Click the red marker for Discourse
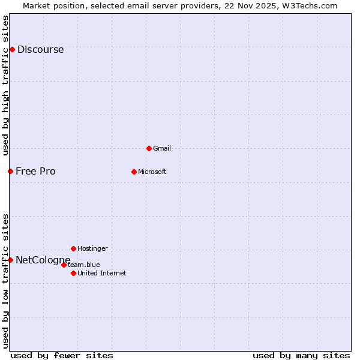[x=12, y=49]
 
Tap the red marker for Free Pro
[x=10, y=171]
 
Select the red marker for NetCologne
[x=10, y=260]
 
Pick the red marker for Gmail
[x=149, y=148]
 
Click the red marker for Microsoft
[x=134, y=172]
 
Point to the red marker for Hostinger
[x=73, y=248]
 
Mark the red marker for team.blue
[x=64, y=265]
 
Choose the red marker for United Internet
[x=73, y=273]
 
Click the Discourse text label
[x=40, y=50]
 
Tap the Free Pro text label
[x=35, y=172]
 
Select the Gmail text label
[x=161, y=148]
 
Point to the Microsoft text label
[x=152, y=172]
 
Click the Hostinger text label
[x=92, y=248]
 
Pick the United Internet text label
[x=101, y=273]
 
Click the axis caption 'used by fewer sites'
[x=62, y=355]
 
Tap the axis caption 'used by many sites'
[x=301, y=355]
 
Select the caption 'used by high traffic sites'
[x=6, y=85]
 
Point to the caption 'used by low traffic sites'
[x=6, y=281]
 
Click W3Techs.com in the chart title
[x=310, y=5]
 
